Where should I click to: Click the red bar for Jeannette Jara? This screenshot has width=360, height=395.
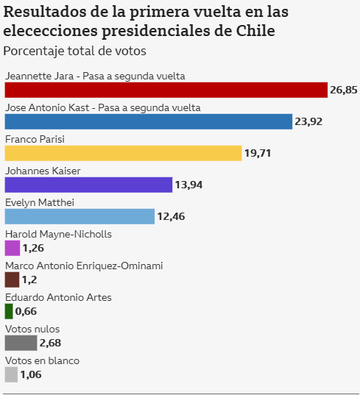(x=166, y=90)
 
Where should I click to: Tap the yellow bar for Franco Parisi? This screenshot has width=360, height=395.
(x=123, y=153)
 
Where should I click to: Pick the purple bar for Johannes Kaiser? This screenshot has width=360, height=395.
(x=88, y=185)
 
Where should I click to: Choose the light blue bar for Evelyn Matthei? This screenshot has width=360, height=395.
(x=80, y=216)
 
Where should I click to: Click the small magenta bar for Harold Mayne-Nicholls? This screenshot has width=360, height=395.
(x=12, y=248)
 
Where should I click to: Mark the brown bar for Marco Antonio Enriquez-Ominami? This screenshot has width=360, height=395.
(x=12, y=280)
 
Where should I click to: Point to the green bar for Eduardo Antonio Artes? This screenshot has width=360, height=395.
(x=9, y=311)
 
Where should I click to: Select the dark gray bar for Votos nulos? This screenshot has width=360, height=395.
(x=21, y=343)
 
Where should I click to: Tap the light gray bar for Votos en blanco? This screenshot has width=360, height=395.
(x=11, y=374)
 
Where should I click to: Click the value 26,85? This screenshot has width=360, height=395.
(x=343, y=90)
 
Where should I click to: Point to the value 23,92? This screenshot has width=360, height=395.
(x=308, y=121)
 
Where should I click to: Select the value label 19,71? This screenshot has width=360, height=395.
(x=258, y=153)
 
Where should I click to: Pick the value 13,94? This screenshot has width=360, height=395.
(x=188, y=185)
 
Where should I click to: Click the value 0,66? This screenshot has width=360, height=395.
(x=26, y=311)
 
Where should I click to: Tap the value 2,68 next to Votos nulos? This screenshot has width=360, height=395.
(x=50, y=343)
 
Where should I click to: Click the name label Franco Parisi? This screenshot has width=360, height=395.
(x=35, y=138)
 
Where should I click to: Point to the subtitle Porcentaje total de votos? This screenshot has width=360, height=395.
(x=74, y=51)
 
